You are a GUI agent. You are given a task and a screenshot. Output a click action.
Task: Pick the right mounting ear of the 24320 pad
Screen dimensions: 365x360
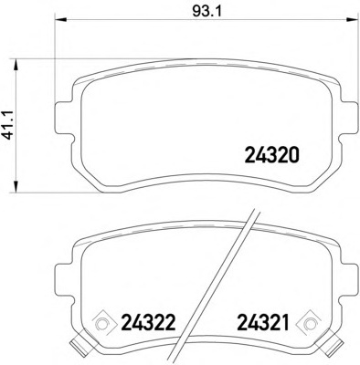click(x=347, y=116)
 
